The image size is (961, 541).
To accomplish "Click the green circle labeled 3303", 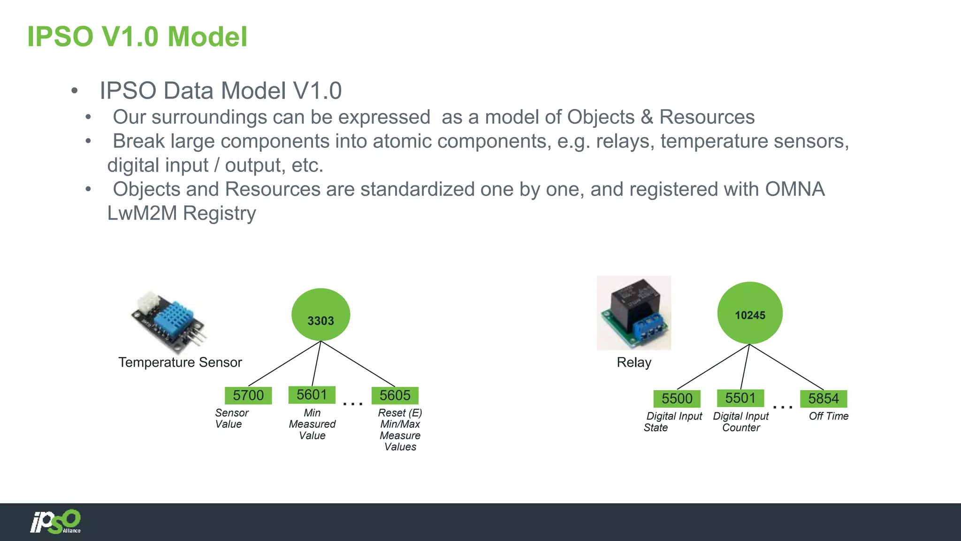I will pyautogui.click(x=320, y=315).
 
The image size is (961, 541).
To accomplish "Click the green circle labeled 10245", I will pyautogui.click(x=749, y=313).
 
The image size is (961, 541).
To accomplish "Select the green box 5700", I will pyautogui.click(x=248, y=395).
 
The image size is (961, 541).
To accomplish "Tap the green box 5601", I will pyautogui.click(x=312, y=394).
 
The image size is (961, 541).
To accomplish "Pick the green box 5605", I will pyautogui.click(x=395, y=395).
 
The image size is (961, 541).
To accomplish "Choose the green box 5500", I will pyautogui.click(x=677, y=399).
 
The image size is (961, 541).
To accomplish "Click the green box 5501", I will pyautogui.click(x=740, y=398).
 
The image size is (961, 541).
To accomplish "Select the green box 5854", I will pyautogui.click(x=823, y=399).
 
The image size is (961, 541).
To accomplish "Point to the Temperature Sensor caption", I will pyautogui.click(x=180, y=363).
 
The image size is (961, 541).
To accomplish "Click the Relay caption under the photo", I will pyautogui.click(x=634, y=363).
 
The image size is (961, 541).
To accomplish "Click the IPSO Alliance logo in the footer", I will pyautogui.click(x=56, y=522).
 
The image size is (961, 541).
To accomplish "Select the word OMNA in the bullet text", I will pyautogui.click(x=794, y=189).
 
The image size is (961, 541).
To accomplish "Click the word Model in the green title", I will pyautogui.click(x=207, y=37).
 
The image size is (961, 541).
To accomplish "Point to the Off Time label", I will pyautogui.click(x=828, y=416).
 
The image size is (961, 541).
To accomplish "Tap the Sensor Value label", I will pyautogui.click(x=231, y=418).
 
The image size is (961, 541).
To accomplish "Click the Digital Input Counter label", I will pyautogui.click(x=740, y=422).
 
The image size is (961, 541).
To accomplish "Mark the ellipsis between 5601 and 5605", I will pyautogui.click(x=353, y=403).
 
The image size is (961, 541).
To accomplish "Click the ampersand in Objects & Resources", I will pyautogui.click(x=647, y=117).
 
